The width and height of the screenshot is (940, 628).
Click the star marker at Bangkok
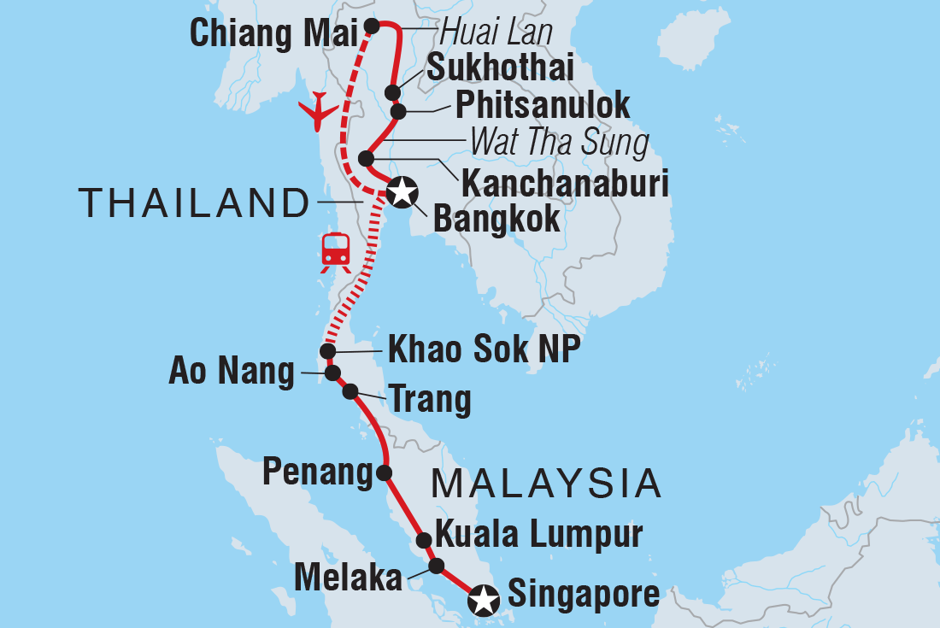pyautogui.click(x=400, y=192)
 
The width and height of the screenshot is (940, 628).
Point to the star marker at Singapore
pyautogui.click(x=485, y=600)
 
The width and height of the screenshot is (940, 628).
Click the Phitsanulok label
pyautogui.click(x=543, y=105)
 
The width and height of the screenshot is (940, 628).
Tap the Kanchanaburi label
pyautogui.click(x=564, y=183)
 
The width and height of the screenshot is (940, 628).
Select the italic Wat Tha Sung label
pyautogui.click(x=560, y=143)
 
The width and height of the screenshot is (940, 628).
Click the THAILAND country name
pyautogui.click(x=194, y=204)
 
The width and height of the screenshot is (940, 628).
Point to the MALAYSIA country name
pyautogui.click(x=547, y=484)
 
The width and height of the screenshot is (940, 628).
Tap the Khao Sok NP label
pyautogui.click(x=479, y=349)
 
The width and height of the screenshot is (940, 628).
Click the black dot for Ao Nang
pyautogui.click(x=332, y=373)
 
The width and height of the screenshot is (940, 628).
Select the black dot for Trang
pyautogui.click(x=350, y=392)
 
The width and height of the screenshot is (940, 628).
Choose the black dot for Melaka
pyautogui.click(x=436, y=566)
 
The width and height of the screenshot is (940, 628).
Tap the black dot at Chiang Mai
pyautogui.click(x=372, y=26)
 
